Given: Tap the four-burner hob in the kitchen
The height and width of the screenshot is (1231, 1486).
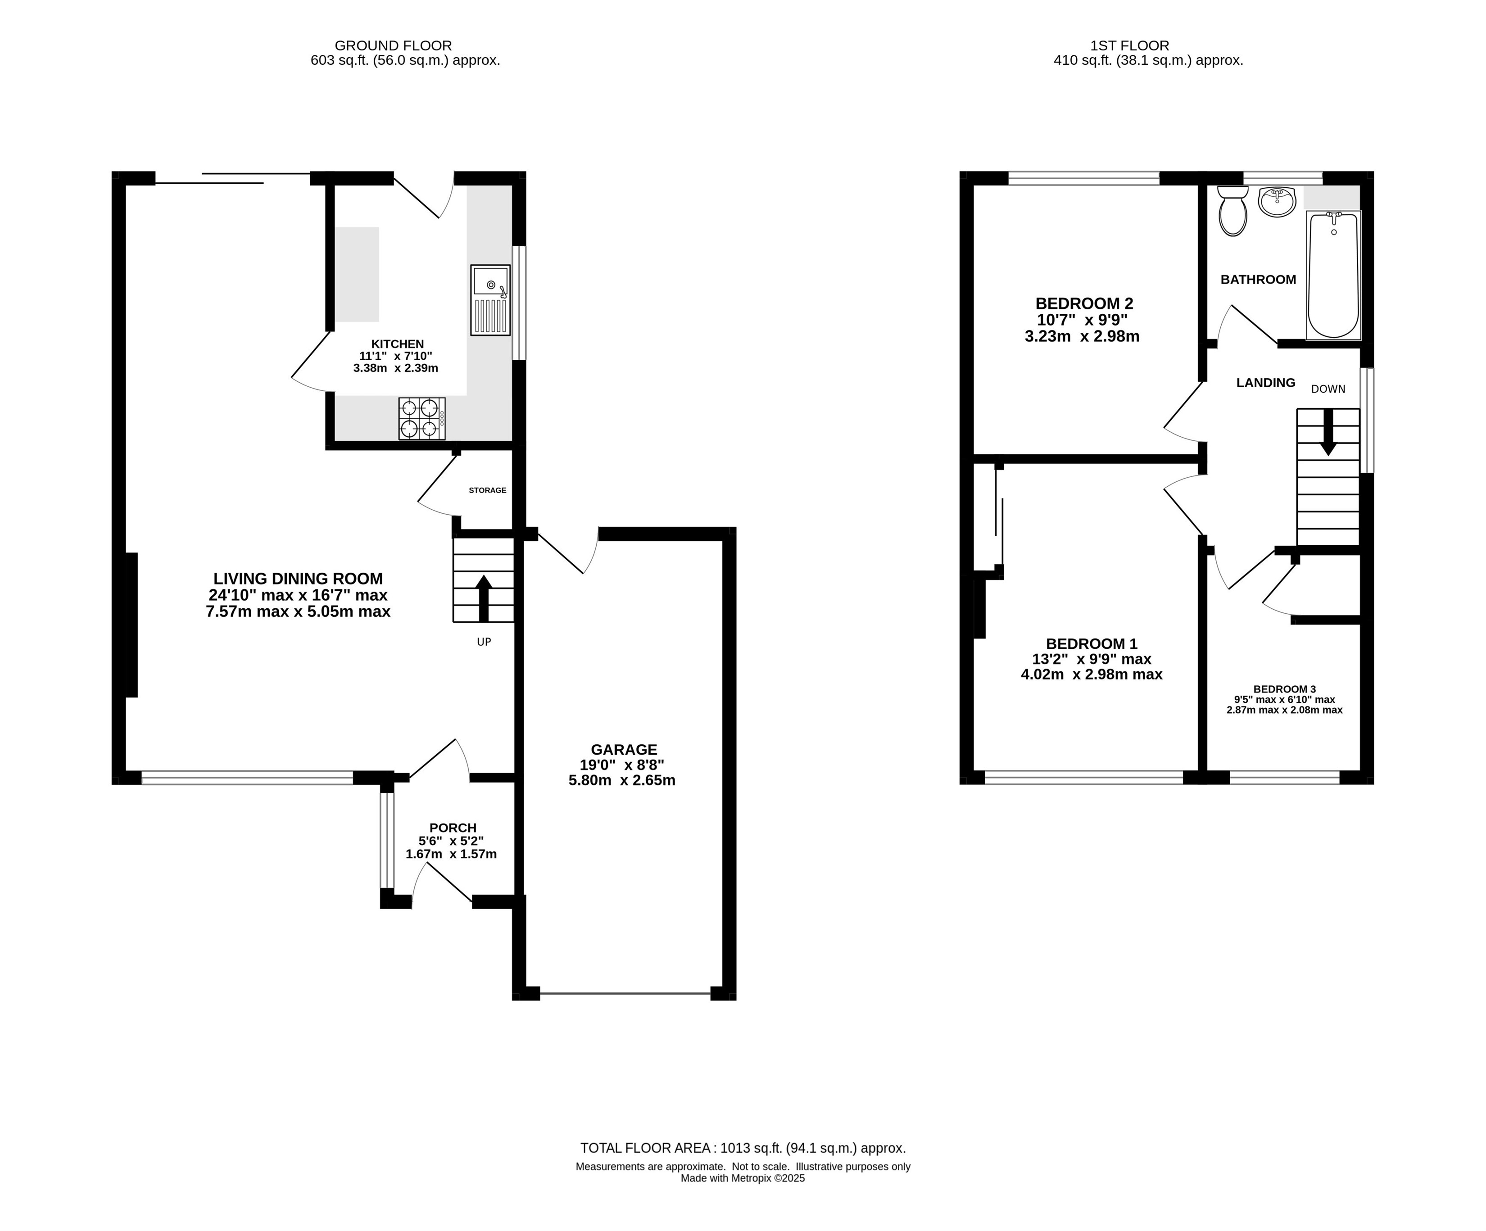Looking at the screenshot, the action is pos(422,418).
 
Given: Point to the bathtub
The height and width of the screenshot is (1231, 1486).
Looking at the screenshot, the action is pos(1333,275).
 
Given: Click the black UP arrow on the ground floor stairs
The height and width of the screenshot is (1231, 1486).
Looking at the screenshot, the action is pos(484,598).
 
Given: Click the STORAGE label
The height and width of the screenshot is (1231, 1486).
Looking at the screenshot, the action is pos(488,490).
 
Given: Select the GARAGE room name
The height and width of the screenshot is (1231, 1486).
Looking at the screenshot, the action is pos(624,749).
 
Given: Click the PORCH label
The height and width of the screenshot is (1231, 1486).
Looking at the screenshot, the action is pos(453,828).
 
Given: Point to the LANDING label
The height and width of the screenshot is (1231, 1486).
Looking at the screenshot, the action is pos(1266,383).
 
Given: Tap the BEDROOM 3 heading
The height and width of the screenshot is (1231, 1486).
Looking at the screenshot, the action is pos(1284,689).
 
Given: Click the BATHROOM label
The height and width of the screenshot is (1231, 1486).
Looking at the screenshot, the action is pos(1258,280).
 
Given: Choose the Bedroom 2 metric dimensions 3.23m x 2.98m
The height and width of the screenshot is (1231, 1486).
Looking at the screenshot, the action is pos(1082,337).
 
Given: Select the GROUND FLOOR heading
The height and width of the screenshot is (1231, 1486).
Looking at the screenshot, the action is pos(394,46).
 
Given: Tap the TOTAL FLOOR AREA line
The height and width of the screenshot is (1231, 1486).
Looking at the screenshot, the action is pos(743,1148).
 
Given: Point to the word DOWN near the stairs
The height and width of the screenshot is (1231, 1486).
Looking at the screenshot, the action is pos(1328,389).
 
